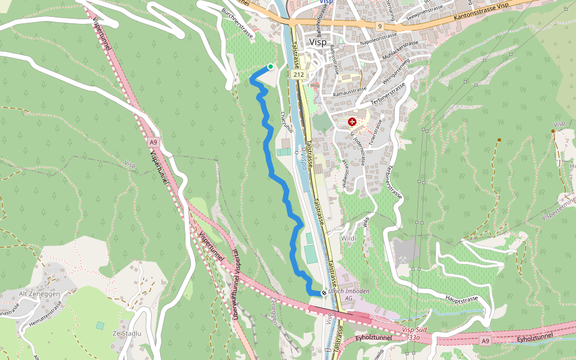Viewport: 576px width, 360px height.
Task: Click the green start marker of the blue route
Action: [x=271, y=67]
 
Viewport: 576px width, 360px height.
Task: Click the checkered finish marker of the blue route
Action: [x=324, y=293]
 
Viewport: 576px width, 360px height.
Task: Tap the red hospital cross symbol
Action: [x=352, y=122]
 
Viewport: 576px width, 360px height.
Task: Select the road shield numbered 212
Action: [x=299, y=75]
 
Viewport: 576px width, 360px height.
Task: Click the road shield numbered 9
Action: [x=380, y=26]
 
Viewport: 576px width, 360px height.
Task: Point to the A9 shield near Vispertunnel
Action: [x=154, y=142]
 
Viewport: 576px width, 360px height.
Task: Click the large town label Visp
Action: [x=317, y=43]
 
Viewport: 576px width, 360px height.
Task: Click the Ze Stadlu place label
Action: [x=127, y=333]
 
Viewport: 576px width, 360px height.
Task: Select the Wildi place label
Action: [x=349, y=238]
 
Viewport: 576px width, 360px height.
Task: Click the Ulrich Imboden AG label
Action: [x=349, y=295]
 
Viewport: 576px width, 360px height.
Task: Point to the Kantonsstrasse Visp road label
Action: [x=482, y=12]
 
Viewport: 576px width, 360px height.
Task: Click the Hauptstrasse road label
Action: [x=462, y=298]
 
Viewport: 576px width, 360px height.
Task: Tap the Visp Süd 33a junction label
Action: [x=414, y=334]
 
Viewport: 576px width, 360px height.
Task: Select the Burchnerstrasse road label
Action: [x=239, y=20]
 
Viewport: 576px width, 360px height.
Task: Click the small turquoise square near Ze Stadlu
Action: [x=100, y=325]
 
